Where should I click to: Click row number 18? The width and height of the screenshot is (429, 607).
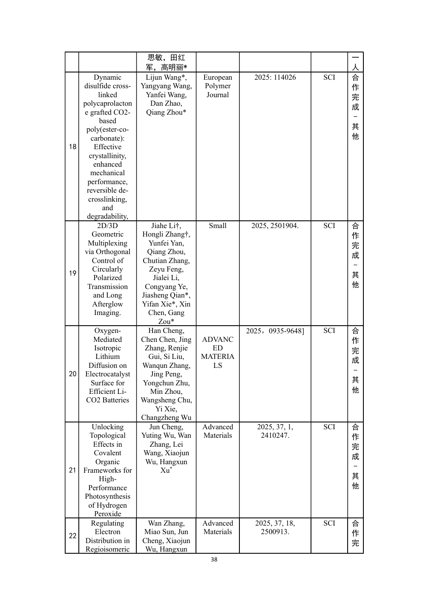click(x=72, y=147)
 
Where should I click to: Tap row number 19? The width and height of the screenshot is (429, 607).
click(x=72, y=273)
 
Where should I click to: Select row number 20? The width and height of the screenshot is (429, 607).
click(x=72, y=374)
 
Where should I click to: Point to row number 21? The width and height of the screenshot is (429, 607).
click(x=72, y=470)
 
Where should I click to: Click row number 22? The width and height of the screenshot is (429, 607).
click(x=72, y=536)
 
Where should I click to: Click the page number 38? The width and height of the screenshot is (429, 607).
click(x=214, y=560)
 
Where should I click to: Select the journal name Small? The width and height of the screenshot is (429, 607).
click(x=217, y=226)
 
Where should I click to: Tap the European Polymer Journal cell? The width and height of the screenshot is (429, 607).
click(x=217, y=86)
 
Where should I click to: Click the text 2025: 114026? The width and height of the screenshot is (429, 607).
click(x=275, y=78)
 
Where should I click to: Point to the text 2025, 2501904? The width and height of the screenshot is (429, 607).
click(x=275, y=226)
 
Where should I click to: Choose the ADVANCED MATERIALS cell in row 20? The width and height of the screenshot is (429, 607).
click(x=217, y=353)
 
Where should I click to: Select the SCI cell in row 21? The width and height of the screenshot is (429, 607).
click(x=329, y=427)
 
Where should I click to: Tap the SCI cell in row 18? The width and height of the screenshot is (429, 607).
click(x=329, y=78)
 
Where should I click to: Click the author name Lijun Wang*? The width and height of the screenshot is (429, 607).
click(x=166, y=78)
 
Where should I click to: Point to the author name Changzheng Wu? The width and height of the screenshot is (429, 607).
click(x=166, y=418)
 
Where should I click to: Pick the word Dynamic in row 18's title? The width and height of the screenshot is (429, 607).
click(x=107, y=78)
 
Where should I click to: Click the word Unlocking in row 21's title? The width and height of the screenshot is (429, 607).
click(x=107, y=427)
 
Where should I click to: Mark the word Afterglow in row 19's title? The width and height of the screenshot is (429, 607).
click(x=107, y=304)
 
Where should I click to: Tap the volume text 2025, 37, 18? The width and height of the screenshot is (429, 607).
click(x=275, y=523)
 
